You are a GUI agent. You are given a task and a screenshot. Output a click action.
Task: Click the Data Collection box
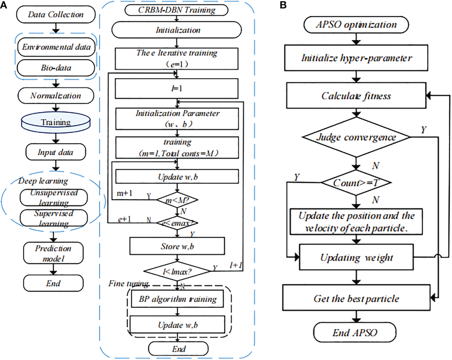pyautogui.click(x=56, y=15)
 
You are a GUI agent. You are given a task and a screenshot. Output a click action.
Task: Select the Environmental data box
pyautogui.click(x=56, y=47)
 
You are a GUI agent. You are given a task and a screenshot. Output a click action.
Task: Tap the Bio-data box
pyautogui.click(x=56, y=67)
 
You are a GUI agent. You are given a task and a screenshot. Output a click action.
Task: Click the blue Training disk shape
pyautogui.click(x=56, y=122)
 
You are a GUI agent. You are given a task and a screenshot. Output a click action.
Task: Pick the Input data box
pyautogui.click(x=56, y=152)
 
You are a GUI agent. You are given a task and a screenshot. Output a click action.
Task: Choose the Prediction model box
pyautogui.click(x=53, y=253)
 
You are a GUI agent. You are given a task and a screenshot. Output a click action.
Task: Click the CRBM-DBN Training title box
pyautogui.click(x=176, y=10)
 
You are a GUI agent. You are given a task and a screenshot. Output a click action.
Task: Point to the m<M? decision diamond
pyautogui.click(x=177, y=200)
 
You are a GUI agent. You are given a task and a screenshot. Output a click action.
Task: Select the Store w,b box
pyautogui.click(x=177, y=246)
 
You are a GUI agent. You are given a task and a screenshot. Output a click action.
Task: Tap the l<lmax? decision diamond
pyautogui.click(x=177, y=271)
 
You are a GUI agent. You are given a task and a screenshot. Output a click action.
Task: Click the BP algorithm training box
pyautogui.click(x=177, y=299)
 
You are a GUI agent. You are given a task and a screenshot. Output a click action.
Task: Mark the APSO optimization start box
pyautogui.click(x=356, y=25)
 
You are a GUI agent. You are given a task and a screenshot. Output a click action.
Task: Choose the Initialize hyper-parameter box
pyautogui.click(x=356, y=58)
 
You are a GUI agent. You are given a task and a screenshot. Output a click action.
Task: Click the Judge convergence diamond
pyautogui.click(x=356, y=137)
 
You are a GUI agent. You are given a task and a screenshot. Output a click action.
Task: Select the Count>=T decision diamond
pyautogui.click(x=356, y=182)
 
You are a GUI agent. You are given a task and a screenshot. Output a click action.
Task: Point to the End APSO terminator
pyautogui.click(x=355, y=333)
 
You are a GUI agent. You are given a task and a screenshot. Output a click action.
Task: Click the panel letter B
pyautogui.click(x=283, y=5)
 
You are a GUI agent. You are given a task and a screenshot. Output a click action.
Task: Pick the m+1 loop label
pyautogui.click(x=124, y=193)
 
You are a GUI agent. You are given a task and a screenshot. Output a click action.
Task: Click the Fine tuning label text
pyautogui.click(x=128, y=283)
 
